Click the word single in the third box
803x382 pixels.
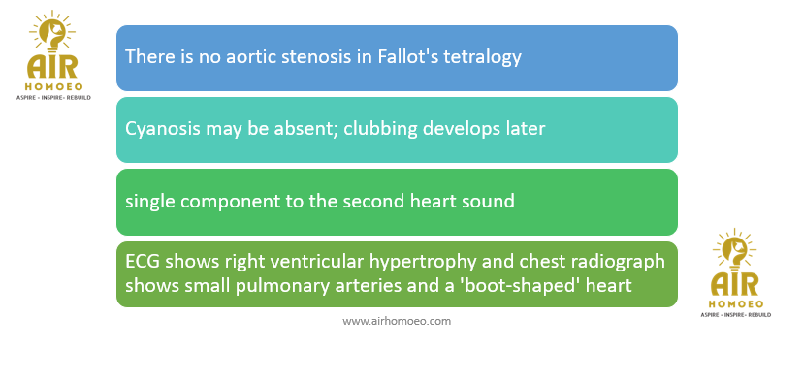150,201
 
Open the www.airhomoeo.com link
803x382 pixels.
397,321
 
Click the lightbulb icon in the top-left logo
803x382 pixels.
51,32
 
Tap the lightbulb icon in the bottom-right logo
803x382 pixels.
734,250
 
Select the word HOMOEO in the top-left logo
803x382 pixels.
53,87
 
